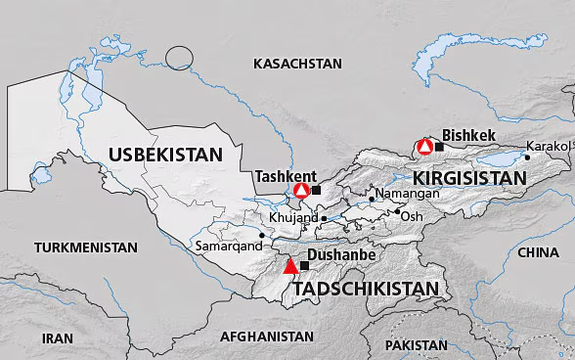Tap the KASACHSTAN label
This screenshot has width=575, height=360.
pos(297,64)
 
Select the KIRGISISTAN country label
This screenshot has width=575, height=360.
pos(470,179)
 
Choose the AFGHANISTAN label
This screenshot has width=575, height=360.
pos(267,336)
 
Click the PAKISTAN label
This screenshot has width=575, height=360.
pos(416,345)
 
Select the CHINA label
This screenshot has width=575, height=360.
pos(538,252)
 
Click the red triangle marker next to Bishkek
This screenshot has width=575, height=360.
pos(425,147)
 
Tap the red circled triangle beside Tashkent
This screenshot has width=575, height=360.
pos(302,190)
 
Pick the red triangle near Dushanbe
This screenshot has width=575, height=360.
pos(289,265)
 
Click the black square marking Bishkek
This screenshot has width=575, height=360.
pos(439,147)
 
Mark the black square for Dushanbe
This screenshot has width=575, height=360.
pos(304,265)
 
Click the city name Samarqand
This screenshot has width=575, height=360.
pos(229,247)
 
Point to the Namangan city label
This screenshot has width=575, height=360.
pos(406,194)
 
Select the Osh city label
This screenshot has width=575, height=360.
pos(412,215)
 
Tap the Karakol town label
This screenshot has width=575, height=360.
pos(546,146)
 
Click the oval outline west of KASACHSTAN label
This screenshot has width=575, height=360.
pos(180,58)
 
